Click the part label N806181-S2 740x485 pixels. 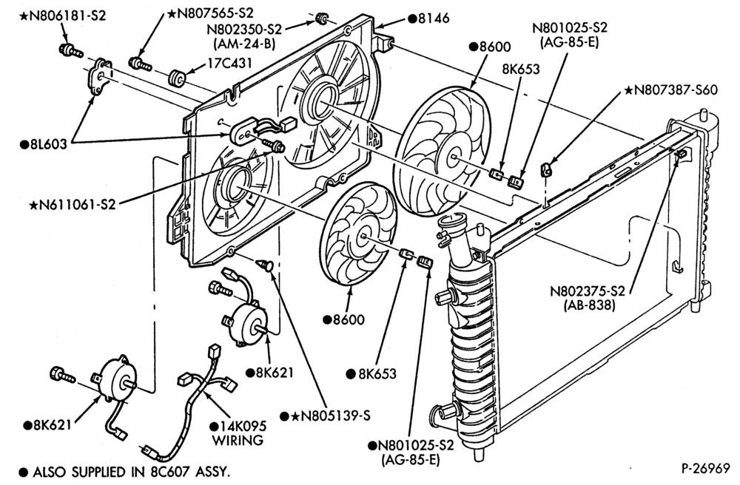coord(63,15)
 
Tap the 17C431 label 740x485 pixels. coord(230,63)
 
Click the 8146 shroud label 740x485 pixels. coord(428,18)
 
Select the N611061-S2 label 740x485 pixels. coord(73,205)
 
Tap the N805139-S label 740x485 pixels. coord(325,416)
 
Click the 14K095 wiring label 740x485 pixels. coord(238,433)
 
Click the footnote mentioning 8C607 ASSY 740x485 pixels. coord(124,472)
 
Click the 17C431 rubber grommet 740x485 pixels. coord(178,78)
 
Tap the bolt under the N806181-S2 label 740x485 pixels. coord(70,50)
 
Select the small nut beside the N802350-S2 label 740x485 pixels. coord(321,19)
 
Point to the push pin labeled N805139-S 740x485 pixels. coord(265,265)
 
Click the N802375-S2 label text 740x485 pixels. coord(588,291)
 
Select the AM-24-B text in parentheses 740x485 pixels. coord(244,43)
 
